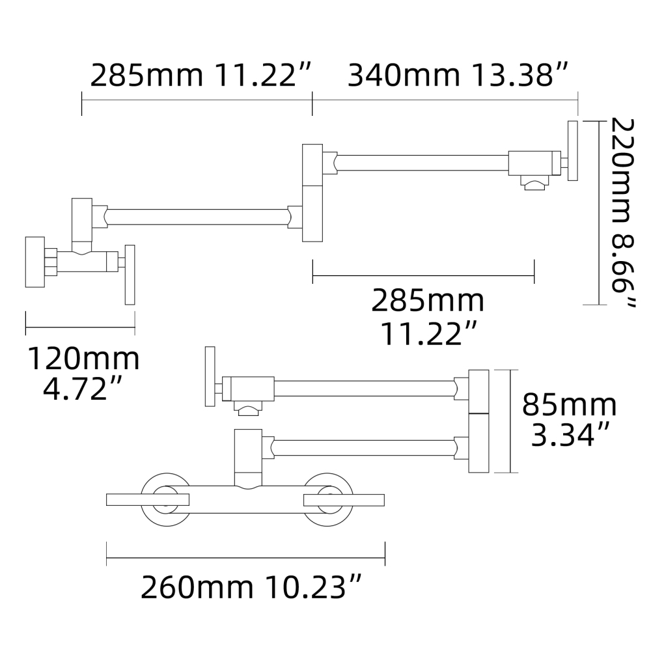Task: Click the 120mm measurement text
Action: coord(83,359)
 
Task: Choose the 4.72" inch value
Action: coord(83,389)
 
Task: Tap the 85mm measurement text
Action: coord(569,405)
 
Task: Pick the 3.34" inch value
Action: coord(569,435)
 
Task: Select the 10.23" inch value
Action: coord(312,589)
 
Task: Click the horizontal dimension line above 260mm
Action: coord(245,558)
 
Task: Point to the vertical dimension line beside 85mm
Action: coord(510,421)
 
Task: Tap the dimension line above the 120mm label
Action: coord(79,323)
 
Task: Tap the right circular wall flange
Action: coord(327,499)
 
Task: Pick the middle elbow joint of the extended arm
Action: coord(312,193)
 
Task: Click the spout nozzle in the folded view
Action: coord(248,409)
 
